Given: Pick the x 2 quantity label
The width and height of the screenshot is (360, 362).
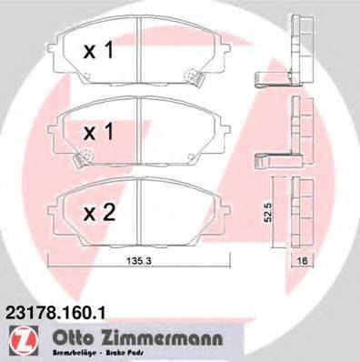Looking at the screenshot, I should click(x=100, y=214).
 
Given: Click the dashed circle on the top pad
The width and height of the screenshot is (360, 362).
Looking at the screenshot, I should click(x=190, y=75).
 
